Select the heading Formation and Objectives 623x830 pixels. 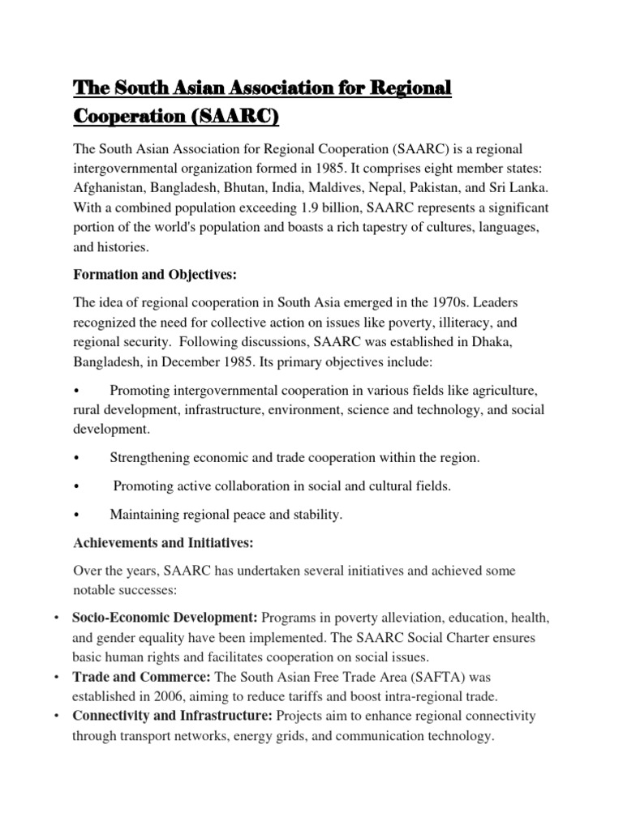(x=155, y=276)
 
